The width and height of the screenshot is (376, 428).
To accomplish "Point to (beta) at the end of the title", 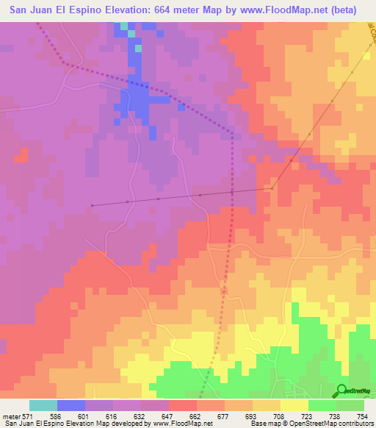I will (342, 10).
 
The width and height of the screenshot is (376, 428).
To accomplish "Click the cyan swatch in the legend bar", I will (43, 405).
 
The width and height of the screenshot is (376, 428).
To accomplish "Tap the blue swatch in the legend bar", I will (71, 405).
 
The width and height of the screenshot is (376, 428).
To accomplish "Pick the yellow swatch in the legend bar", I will (294, 405).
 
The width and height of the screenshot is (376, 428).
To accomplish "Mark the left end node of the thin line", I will (92, 205).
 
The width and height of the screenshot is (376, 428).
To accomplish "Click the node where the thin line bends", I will (272, 188).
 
